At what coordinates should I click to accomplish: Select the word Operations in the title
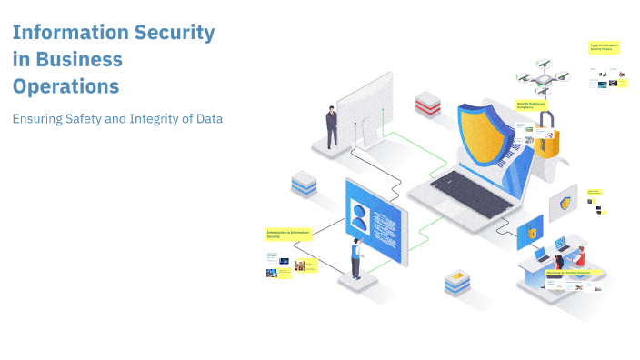point(65,86)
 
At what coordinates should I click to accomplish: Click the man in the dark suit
point(332,126)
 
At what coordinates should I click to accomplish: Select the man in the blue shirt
point(356,259)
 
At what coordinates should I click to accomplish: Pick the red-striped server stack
point(427,103)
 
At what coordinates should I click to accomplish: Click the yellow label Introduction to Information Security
point(288,235)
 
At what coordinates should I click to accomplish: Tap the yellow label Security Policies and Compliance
point(535,105)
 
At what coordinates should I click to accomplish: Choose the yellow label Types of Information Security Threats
point(604,47)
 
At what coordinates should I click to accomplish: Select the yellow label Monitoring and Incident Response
point(569,272)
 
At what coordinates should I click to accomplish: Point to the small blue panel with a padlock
point(530,232)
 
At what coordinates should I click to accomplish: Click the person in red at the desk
point(579,256)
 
